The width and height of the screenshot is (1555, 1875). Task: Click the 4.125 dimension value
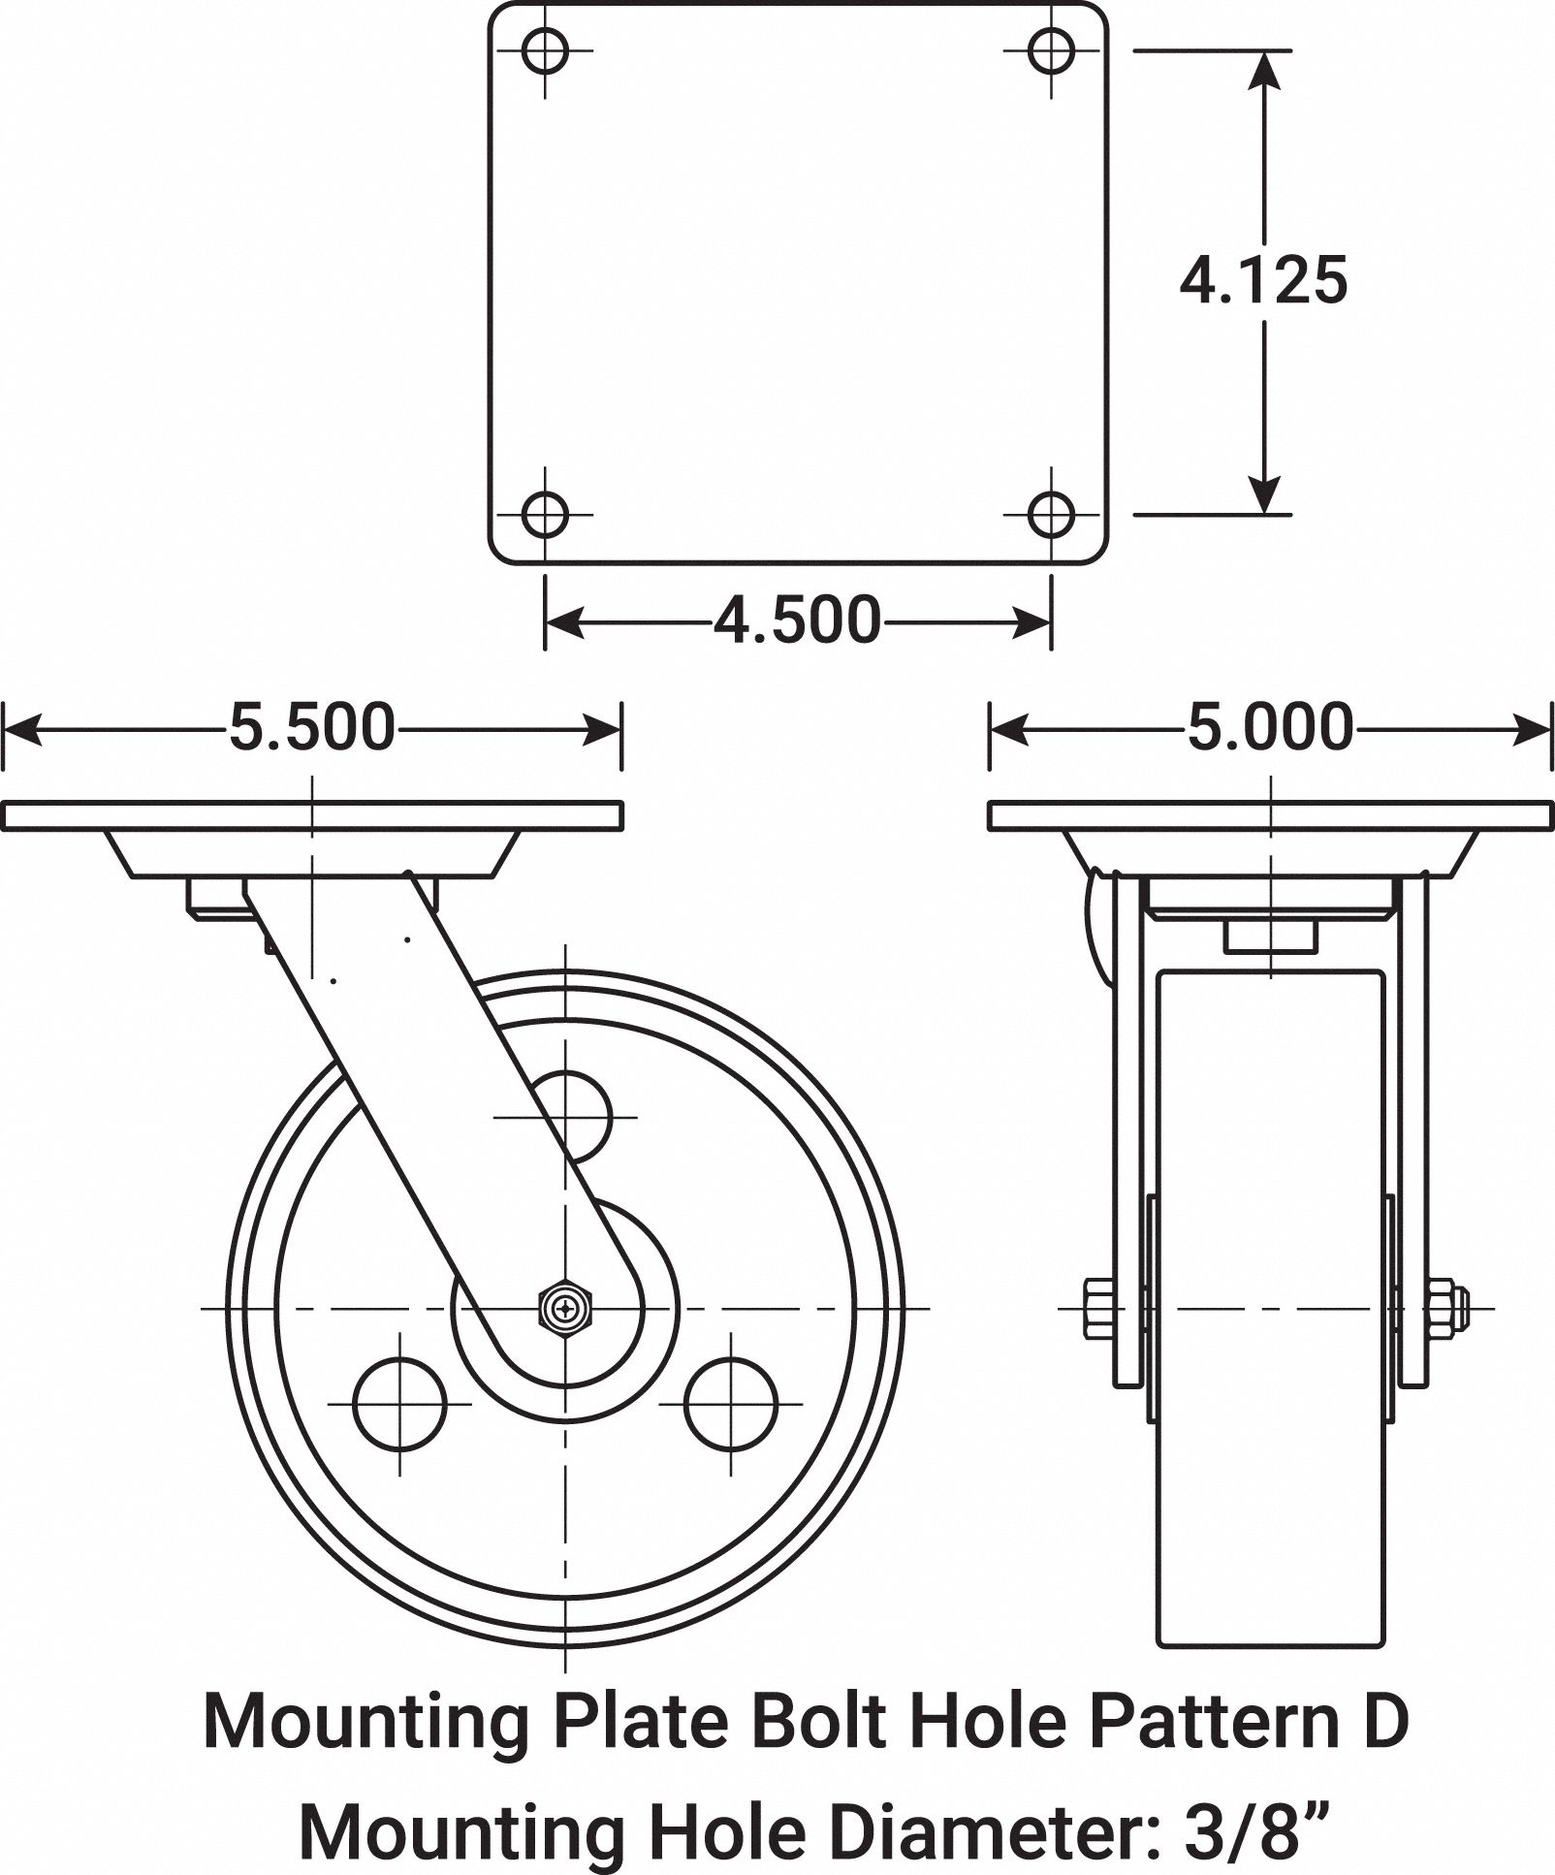1263,282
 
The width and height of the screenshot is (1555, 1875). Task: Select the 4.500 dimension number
798,620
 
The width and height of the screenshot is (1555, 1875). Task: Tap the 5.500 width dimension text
312,728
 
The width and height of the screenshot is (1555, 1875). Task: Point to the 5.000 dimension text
1270,728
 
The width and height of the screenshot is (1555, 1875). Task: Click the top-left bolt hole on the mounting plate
545,49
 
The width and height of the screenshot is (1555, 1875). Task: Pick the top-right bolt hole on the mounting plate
1051,49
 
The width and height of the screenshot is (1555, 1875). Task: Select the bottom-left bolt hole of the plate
545,514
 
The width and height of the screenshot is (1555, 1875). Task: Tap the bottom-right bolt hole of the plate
1051,514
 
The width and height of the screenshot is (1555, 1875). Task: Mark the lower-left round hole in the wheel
400,1403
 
